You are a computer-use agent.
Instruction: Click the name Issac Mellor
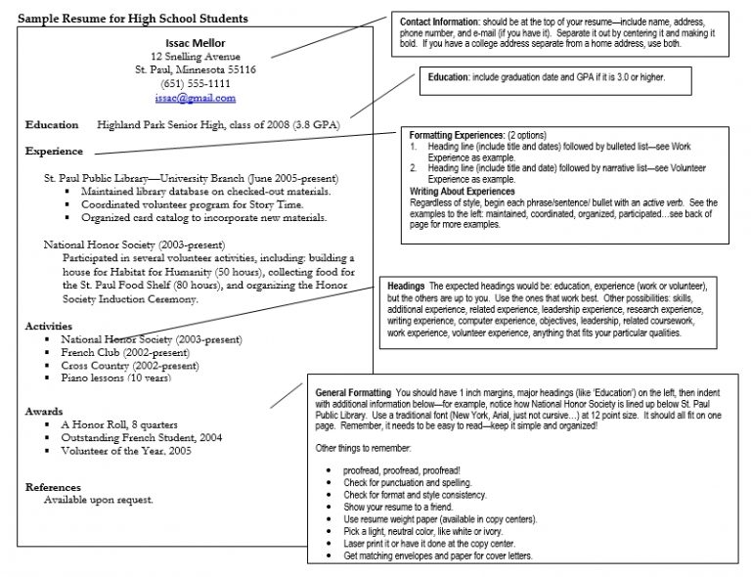pyautogui.click(x=196, y=42)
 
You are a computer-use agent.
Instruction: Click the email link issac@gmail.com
pyautogui.click(x=196, y=99)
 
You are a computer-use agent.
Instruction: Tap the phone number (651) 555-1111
pyautogui.click(x=196, y=84)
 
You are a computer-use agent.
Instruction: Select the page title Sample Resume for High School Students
pyautogui.click(x=132, y=19)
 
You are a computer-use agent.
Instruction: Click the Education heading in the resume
pyautogui.click(x=52, y=125)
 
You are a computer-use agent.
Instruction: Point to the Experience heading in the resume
pyautogui.click(x=54, y=152)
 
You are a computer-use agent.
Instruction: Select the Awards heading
pyautogui.click(x=44, y=412)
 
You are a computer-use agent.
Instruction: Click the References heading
pyautogui.click(x=53, y=486)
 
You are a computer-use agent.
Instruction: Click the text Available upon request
pyautogui.click(x=99, y=499)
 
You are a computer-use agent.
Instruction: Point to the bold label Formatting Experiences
pyautogui.click(x=457, y=135)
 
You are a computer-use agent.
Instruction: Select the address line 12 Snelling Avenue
pyautogui.click(x=196, y=56)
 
